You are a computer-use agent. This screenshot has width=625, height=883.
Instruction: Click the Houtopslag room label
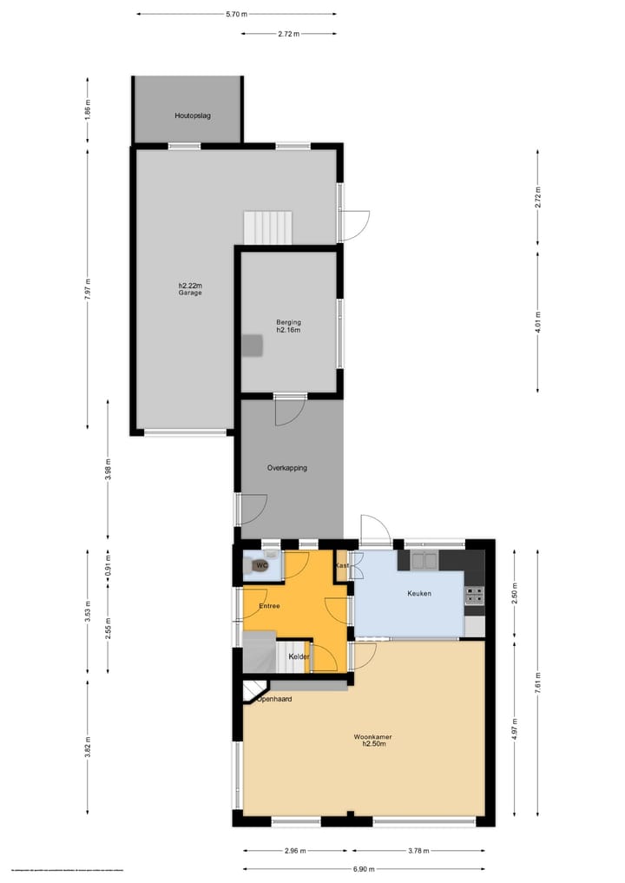(x=193, y=115)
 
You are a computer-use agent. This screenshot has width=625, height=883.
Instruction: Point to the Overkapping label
(x=286, y=468)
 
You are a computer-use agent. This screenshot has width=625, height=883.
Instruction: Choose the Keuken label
(x=420, y=594)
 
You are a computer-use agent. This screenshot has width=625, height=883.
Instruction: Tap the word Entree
(x=269, y=606)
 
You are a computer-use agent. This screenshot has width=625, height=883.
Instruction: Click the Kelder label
(x=299, y=656)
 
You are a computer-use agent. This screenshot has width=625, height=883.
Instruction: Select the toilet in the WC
(x=259, y=566)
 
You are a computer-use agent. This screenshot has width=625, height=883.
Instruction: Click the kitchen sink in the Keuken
(x=424, y=561)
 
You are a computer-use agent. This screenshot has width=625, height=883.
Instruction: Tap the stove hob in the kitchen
(x=474, y=596)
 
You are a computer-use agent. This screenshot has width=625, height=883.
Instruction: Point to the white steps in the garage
(x=268, y=227)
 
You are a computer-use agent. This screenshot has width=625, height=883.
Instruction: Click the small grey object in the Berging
(x=252, y=345)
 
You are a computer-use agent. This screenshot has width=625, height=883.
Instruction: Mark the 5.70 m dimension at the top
(x=236, y=14)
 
